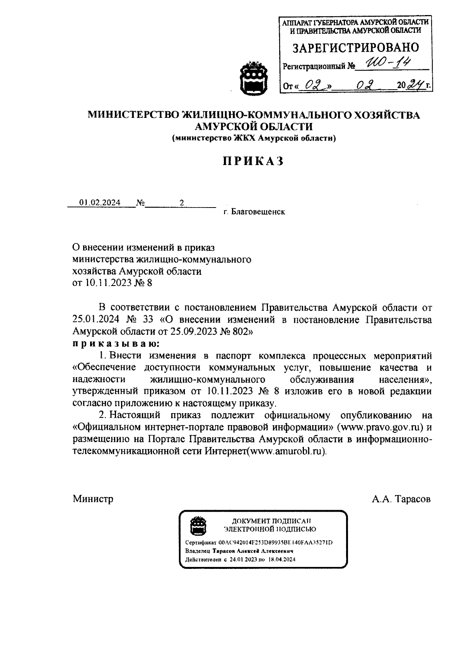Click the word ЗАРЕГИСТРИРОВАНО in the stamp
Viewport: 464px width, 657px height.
[x=355, y=47]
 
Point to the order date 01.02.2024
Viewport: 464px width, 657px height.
[x=100, y=203]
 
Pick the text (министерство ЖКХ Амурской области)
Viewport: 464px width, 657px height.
[x=254, y=138]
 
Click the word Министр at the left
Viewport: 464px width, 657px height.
[x=93, y=499]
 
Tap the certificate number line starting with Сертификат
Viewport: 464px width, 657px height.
[x=259, y=543]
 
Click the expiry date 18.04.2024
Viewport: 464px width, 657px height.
[x=281, y=559]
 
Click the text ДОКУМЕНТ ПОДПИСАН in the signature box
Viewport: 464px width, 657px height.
[x=271, y=521]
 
